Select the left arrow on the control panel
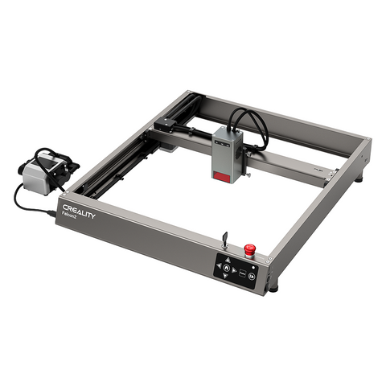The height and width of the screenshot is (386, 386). coord(220,269)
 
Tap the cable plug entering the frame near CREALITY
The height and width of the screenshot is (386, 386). coord(55,211)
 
